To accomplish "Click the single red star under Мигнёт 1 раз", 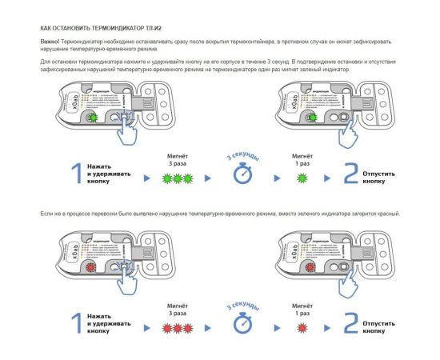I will tap(302, 326).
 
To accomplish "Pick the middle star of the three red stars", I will tap(176, 326).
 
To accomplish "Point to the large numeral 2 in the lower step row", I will tap(350, 322).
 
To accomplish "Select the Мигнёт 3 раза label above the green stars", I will tap(176, 157).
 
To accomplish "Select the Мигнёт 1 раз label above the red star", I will tap(302, 309).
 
